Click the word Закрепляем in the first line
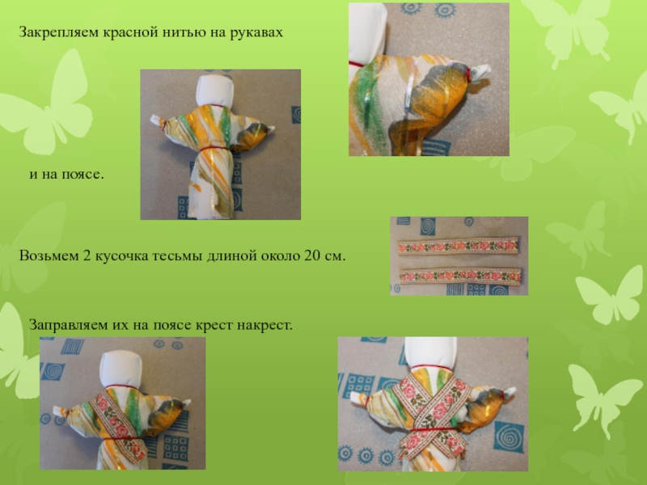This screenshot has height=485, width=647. [x=58, y=32]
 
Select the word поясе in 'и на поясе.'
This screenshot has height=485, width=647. [x=82, y=174]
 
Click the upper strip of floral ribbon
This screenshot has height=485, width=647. [x=458, y=247]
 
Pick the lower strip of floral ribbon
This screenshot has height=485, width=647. [x=460, y=276]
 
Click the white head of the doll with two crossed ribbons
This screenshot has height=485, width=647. [x=430, y=352]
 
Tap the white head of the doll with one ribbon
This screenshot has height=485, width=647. [x=121, y=369]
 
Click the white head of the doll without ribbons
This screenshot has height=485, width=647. [x=214, y=91]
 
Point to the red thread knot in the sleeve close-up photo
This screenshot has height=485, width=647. [x=469, y=74]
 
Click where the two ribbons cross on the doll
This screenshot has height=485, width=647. [x=430, y=411]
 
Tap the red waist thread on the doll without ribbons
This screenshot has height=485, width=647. [x=214, y=148]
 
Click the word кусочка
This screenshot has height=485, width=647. [x=122, y=255]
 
